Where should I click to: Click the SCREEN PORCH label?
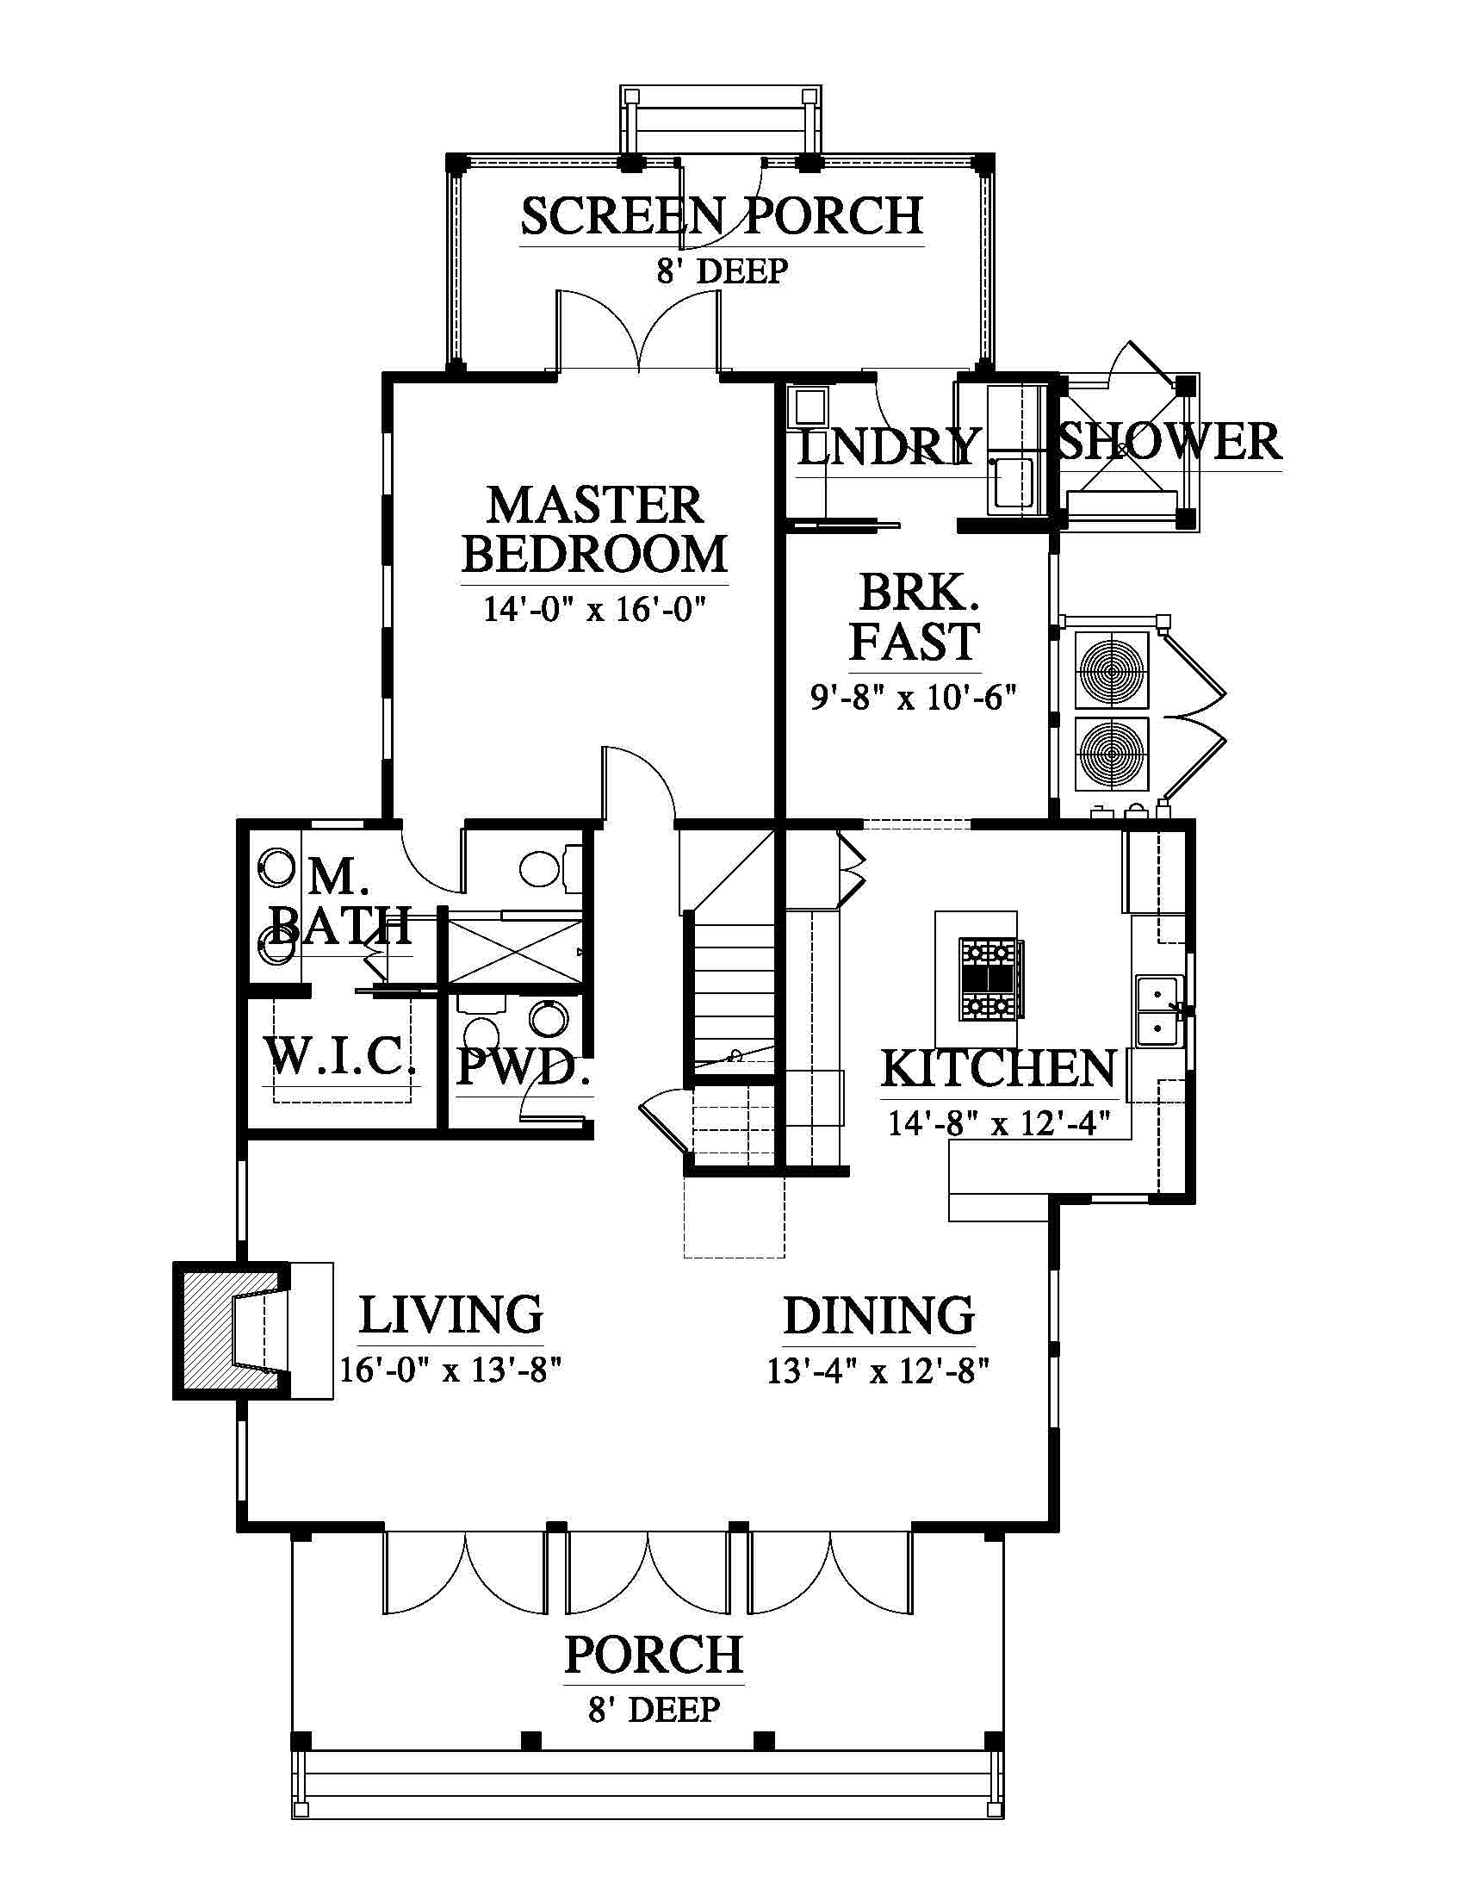(x=722, y=217)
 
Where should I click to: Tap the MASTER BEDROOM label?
(x=594, y=529)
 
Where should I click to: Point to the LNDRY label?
(x=887, y=447)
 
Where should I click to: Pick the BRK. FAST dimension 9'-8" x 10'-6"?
(x=913, y=696)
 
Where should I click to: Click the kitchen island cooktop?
(x=989, y=979)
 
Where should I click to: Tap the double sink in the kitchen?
(x=1158, y=1011)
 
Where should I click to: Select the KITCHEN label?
(x=999, y=1069)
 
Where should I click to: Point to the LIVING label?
(x=451, y=1315)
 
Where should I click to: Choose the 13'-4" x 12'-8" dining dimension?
(x=878, y=1372)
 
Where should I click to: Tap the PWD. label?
(x=523, y=1067)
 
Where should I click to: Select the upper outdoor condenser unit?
(x=1112, y=670)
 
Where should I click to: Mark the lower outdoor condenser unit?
(x=1112, y=753)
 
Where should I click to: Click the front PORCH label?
(x=654, y=1656)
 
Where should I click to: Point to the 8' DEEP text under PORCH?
(x=654, y=1710)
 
